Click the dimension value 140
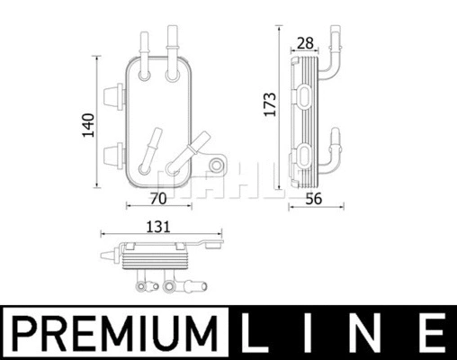(x=87, y=124)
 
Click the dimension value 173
(x=266, y=107)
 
